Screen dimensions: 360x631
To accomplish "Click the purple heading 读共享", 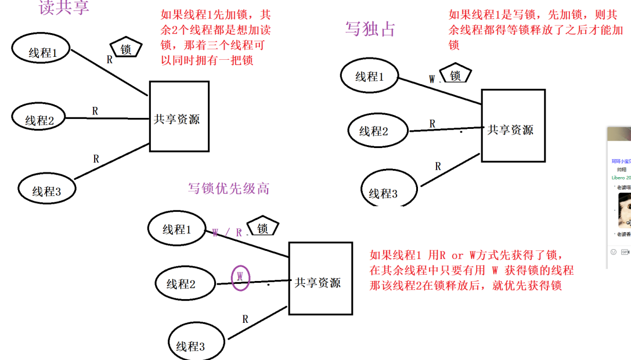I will click(x=64, y=7).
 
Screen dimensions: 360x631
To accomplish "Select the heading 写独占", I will click(x=370, y=28).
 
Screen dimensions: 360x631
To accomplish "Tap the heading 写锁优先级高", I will click(x=229, y=188).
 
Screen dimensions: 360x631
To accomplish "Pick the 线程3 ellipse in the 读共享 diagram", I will click(x=47, y=190).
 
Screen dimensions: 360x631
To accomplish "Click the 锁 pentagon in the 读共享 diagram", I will click(x=126, y=49).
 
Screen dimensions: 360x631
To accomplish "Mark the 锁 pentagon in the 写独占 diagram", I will click(x=455, y=75).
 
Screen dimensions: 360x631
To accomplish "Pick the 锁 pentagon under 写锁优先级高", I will click(x=262, y=228).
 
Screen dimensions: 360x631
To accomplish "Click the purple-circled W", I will click(x=240, y=277).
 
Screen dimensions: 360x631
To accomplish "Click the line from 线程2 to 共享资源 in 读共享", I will click(x=107, y=118).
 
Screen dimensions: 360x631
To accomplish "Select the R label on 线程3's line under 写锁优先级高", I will click(x=245, y=319).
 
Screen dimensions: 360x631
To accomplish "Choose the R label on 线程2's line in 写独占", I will click(x=432, y=123).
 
